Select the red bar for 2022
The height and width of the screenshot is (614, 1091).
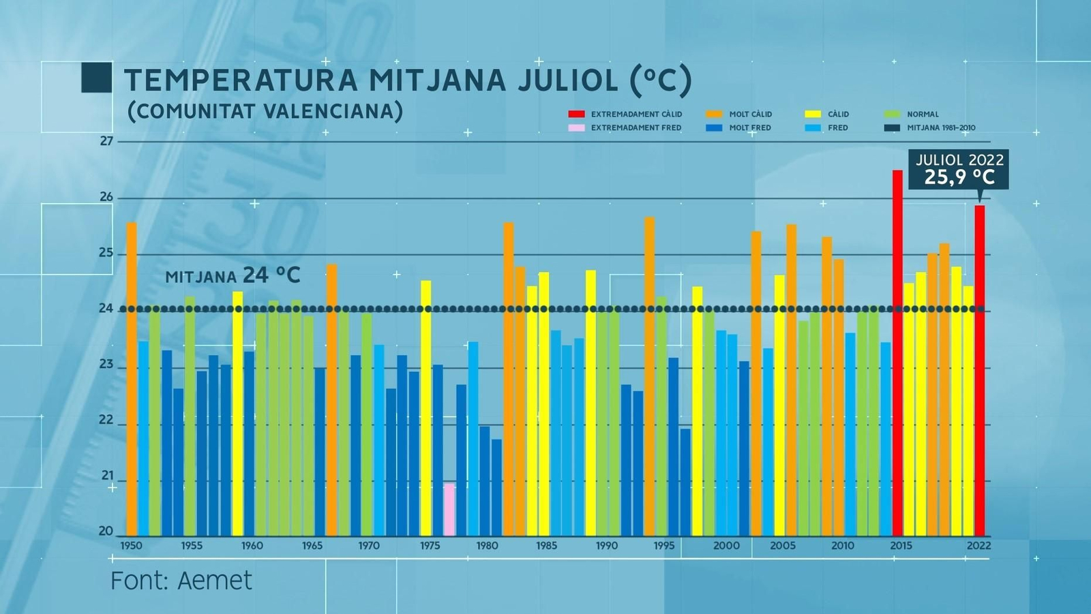pos(979,371)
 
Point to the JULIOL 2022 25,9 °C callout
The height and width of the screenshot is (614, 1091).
pos(959,169)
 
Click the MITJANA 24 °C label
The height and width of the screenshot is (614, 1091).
pos(233,275)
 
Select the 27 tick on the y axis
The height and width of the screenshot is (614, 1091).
pos(106,141)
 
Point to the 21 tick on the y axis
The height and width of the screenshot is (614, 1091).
pos(107,475)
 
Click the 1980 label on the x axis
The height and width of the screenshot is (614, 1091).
pos(487,545)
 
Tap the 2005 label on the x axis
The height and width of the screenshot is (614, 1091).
pos(782,545)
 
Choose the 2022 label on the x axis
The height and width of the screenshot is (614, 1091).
pos(978,545)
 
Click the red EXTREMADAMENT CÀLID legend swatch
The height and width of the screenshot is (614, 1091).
pos(576,114)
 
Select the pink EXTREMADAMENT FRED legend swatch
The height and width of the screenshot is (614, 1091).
pos(576,127)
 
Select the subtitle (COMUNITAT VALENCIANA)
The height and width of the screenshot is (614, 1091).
pos(265,111)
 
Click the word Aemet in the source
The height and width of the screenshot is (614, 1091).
pos(214,581)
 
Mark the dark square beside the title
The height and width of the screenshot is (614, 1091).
pos(96,78)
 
